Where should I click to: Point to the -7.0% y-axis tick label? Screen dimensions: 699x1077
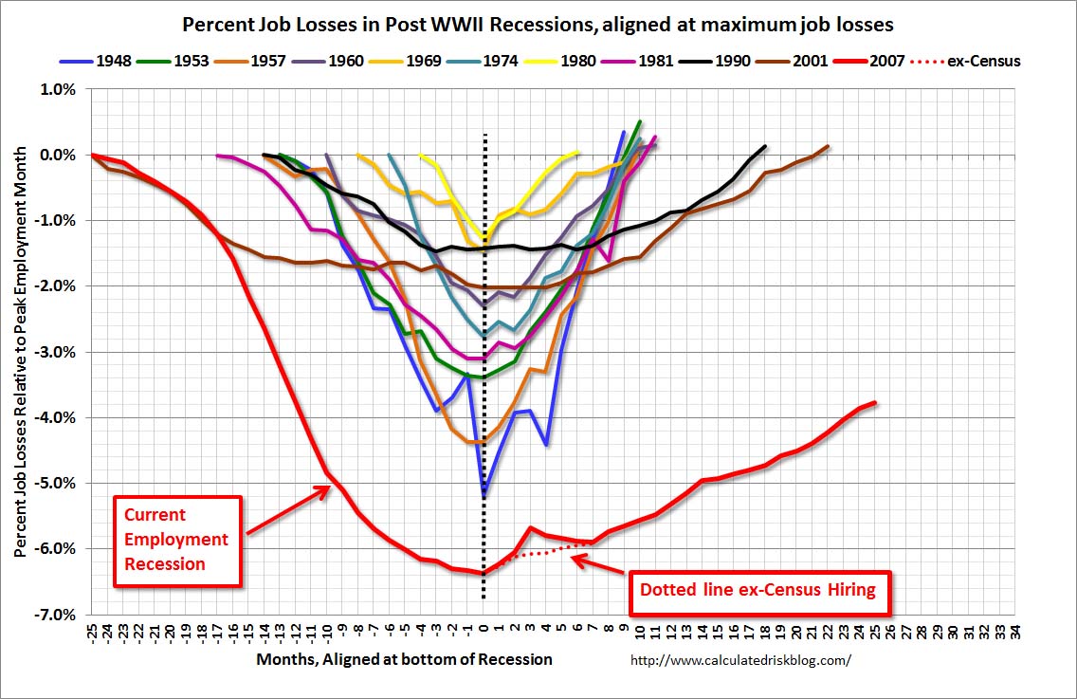tap(56, 615)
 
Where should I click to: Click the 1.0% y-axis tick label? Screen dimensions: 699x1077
tap(58, 89)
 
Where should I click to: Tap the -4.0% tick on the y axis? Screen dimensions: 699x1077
tap(56, 417)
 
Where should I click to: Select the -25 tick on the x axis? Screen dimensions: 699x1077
tap(92, 634)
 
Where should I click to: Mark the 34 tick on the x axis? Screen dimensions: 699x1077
tap(1015, 632)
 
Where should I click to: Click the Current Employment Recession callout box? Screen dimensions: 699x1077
tap(177, 539)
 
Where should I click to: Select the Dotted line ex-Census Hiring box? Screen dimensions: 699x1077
tap(757, 589)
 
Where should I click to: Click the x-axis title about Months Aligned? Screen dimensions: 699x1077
tap(404, 658)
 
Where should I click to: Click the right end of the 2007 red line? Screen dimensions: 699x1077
tap(875, 402)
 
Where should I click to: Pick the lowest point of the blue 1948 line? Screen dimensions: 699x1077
tap(484, 493)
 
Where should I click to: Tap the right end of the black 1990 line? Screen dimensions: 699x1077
tap(765, 146)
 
